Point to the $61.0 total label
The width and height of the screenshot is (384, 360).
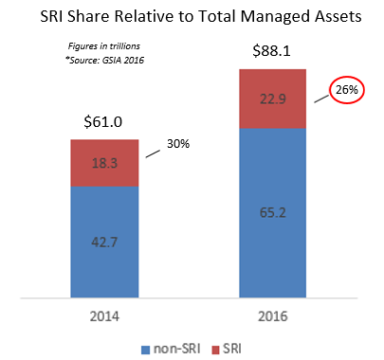pos(105,123)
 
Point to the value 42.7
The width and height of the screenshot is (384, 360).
pos(105,243)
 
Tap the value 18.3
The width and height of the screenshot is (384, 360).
pos(105,163)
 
